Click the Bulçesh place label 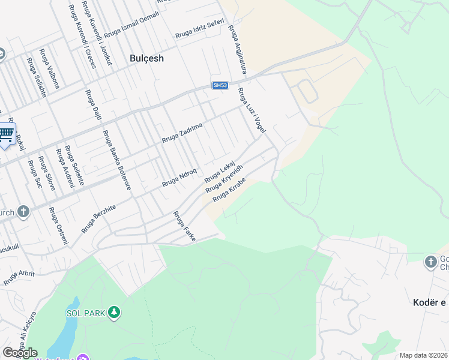147,58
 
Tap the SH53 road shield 220,86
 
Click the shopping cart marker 6,133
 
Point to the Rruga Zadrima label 182,132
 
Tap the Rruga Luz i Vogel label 252,111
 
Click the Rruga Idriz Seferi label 200,29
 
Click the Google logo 19,353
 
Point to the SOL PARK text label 86,313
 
